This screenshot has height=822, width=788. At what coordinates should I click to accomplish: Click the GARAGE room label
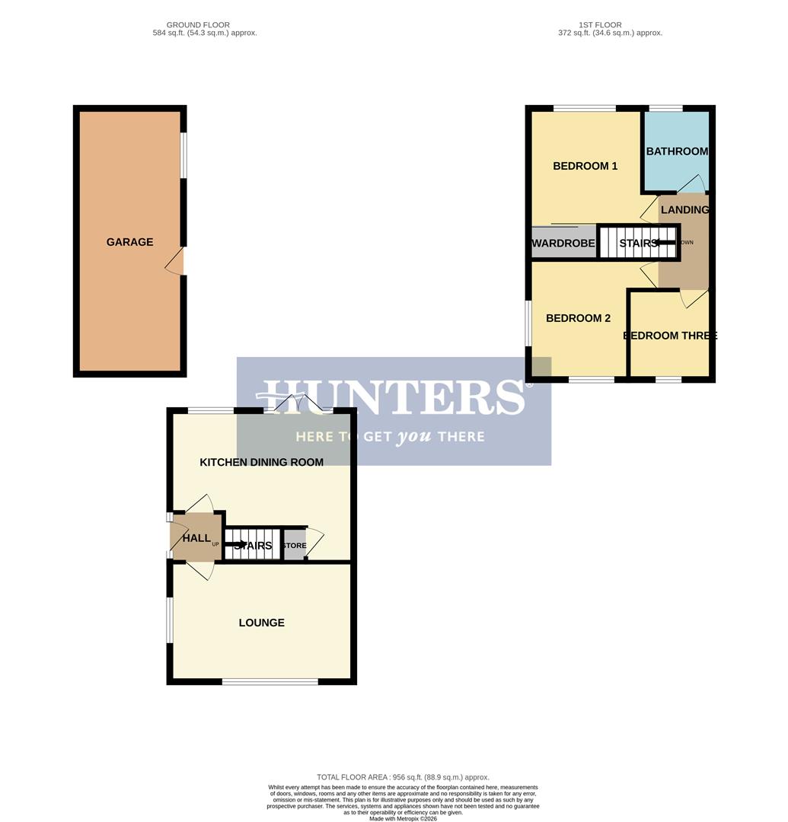click(129, 242)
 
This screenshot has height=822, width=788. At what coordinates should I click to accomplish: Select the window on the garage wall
click(183, 156)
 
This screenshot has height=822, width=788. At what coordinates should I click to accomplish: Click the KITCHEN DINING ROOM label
click(261, 462)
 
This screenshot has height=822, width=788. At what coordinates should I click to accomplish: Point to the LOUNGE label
click(261, 623)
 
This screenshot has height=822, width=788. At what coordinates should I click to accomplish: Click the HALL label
click(196, 538)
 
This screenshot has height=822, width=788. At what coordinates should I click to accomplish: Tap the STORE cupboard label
click(294, 546)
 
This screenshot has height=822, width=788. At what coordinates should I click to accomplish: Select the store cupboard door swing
click(314, 542)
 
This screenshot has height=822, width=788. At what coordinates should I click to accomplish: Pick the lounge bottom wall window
click(270, 681)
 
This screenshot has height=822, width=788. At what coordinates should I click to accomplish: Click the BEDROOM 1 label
click(585, 166)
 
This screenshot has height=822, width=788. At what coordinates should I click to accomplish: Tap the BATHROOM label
click(677, 151)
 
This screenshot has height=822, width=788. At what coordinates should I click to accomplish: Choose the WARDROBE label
click(563, 244)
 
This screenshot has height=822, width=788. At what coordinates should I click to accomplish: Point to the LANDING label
click(684, 210)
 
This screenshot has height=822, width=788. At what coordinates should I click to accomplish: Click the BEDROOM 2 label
click(578, 318)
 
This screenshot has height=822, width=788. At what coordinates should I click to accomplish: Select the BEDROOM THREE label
click(669, 336)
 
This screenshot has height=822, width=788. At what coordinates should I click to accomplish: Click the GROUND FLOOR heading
click(198, 25)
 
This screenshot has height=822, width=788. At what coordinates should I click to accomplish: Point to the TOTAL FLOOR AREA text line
click(403, 777)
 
